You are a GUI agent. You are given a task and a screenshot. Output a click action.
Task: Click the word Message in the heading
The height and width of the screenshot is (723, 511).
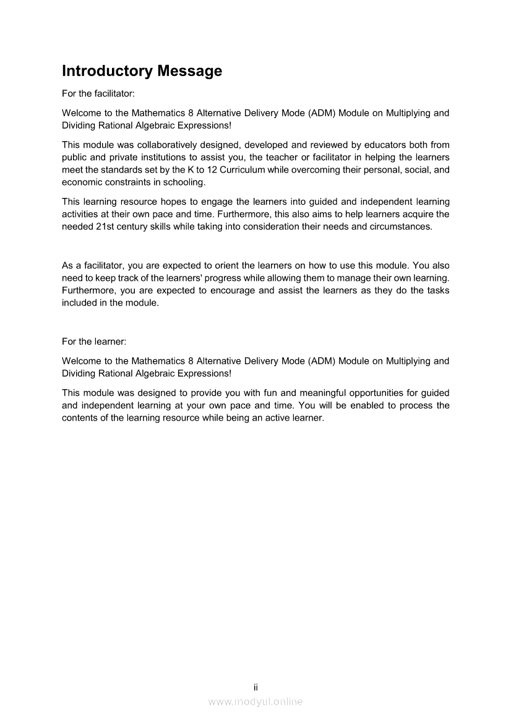[189, 71]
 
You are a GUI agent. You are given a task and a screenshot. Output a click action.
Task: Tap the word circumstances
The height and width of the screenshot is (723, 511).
[401, 226]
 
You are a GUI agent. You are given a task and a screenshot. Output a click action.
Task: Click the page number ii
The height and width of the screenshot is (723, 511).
[255, 687]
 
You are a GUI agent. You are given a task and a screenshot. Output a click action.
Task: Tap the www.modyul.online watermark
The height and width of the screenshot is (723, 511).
[255, 701]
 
